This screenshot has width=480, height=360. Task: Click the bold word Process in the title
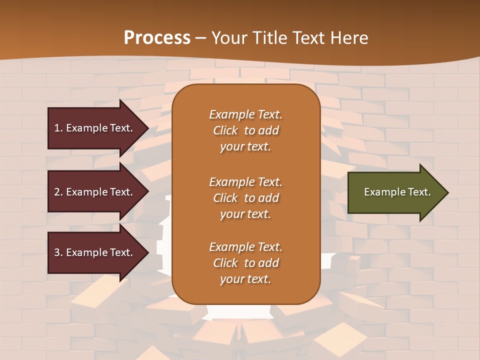click(x=157, y=38)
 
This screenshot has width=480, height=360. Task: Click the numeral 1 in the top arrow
click(x=57, y=128)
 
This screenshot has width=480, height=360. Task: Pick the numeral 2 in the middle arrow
click(x=57, y=192)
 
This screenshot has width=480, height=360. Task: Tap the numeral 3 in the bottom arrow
click(x=57, y=252)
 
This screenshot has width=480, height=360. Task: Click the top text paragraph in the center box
click(x=245, y=130)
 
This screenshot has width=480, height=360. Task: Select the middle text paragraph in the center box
click(x=245, y=198)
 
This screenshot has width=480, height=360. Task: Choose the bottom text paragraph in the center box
click(x=245, y=263)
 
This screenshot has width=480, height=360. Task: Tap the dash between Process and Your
click(x=201, y=38)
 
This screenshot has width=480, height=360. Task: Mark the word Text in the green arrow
click(x=419, y=192)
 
